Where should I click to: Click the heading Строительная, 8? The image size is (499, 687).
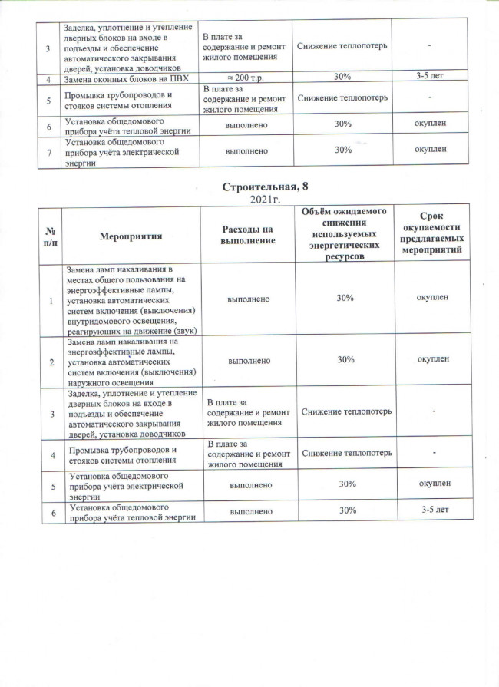click(x=265, y=187)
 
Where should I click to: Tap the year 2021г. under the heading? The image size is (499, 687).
click(x=265, y=200)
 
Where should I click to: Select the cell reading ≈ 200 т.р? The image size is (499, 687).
click(x=243, y=77)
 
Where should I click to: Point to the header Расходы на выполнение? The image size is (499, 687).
click(x=247, y=235)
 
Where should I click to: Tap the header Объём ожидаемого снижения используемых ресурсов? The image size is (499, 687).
click(x=343, y=233)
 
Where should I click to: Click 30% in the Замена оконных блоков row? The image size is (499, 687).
click(x=343, y=77)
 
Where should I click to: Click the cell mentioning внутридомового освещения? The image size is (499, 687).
click(x=131, y=298)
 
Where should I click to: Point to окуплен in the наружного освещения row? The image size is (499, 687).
click(x=433, y=358)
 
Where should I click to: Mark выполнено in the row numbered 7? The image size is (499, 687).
click(x=247, y=151)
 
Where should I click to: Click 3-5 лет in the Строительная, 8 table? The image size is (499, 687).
click(x=433, y=510)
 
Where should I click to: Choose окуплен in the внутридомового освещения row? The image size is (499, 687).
click(x=433, y=297)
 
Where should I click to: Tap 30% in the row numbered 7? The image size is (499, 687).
click(x=343, y=150)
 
